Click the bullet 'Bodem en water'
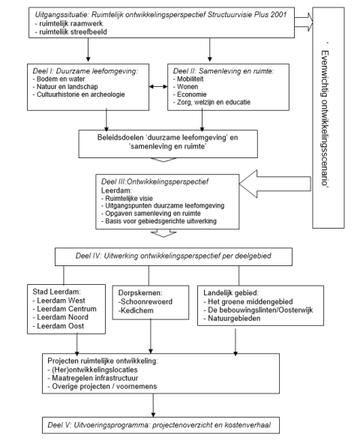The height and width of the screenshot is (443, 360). pos(58,79)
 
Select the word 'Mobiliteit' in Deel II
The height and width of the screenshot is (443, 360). pos(190,79)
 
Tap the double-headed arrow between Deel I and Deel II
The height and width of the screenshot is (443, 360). pos(158,86)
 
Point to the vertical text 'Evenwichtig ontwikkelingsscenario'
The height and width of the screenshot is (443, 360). pos(325,118)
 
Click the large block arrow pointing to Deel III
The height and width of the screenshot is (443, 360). pos(275,184)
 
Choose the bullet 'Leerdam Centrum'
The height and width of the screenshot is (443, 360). pos(64,309)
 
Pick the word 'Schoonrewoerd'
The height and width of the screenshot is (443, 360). pos(146,301)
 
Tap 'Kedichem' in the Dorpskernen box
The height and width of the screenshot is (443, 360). pos(137,310)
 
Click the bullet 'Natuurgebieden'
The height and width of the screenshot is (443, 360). pos(232,319)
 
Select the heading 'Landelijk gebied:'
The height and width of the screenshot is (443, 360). pos(231,292)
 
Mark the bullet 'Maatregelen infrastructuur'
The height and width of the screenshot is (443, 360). pos(93,378)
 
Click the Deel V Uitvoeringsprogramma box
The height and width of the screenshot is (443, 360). pos(160,425)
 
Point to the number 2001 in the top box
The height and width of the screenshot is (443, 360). pos(278,15)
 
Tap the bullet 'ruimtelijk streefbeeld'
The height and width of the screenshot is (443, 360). pos(71,31)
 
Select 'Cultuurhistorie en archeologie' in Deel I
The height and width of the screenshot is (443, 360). pos(79,94)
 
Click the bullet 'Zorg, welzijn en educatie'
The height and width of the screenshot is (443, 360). pos(212,102)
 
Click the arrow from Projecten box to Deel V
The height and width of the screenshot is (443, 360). pos(153,405)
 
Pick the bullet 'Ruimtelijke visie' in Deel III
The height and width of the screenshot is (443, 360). pos(127,199)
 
